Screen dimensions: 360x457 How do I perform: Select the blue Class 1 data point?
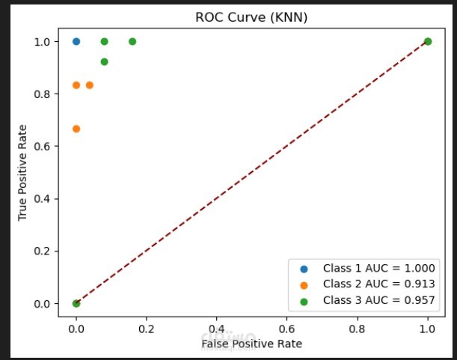pos(76,41)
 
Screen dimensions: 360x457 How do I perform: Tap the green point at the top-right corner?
pos(428,41)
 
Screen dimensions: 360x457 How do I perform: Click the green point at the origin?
pos(76,303)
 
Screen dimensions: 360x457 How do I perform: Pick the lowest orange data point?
pos(76,129)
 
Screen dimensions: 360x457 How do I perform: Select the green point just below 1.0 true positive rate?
pos(104,61)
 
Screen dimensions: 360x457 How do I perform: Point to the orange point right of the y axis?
pos(90,85)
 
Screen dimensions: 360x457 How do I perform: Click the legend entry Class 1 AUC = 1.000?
pos(378,268)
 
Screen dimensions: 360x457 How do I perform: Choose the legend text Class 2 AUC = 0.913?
pos(378,284)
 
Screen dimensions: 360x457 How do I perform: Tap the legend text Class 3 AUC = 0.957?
pos(378,299)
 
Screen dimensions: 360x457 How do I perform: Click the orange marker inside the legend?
pos(304,284)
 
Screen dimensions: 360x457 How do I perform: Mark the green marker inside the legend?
pos(304,299)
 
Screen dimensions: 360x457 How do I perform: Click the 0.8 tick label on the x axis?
pos(358,327)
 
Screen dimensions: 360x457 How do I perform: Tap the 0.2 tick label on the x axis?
pos(147,327)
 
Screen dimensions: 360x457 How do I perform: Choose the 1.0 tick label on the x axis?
pos(428,327)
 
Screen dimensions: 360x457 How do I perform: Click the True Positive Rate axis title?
pos(23,172)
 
